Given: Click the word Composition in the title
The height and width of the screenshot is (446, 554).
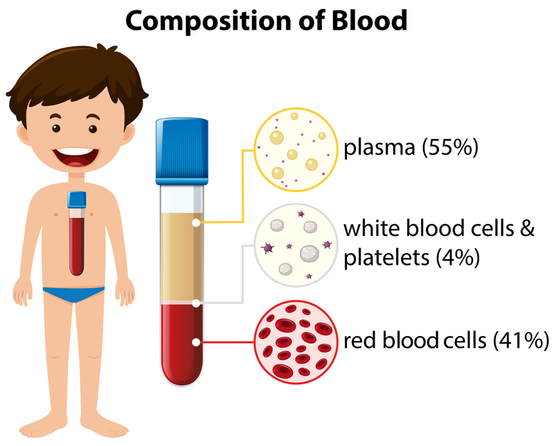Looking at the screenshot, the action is pos(208,21).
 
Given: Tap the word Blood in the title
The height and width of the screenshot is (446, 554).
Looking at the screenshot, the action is pos(369,20).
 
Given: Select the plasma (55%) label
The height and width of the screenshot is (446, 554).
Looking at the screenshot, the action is pos(411,147).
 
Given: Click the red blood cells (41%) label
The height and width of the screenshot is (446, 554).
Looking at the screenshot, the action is pos(446,340).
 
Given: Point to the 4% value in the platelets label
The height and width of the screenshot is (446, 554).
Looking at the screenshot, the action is pos(458,258).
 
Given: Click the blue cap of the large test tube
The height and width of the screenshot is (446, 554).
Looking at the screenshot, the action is pos(182,151).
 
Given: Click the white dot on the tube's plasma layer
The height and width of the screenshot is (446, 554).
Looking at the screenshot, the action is pos(196,223).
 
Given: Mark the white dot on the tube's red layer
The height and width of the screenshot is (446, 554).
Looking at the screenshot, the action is pos(196,342).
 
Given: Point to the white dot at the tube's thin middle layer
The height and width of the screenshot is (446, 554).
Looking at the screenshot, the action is pos(196,303).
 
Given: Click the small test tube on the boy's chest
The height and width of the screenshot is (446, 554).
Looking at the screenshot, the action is pos(77,233).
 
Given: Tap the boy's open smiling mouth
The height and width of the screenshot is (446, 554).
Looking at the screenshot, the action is pos(75,158).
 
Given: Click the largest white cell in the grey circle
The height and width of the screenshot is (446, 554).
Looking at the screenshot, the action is pos(310,254).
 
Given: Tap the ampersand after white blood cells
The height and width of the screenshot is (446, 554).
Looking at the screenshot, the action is pos(528,228).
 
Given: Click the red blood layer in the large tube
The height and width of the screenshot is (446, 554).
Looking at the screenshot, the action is pos(182,344).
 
